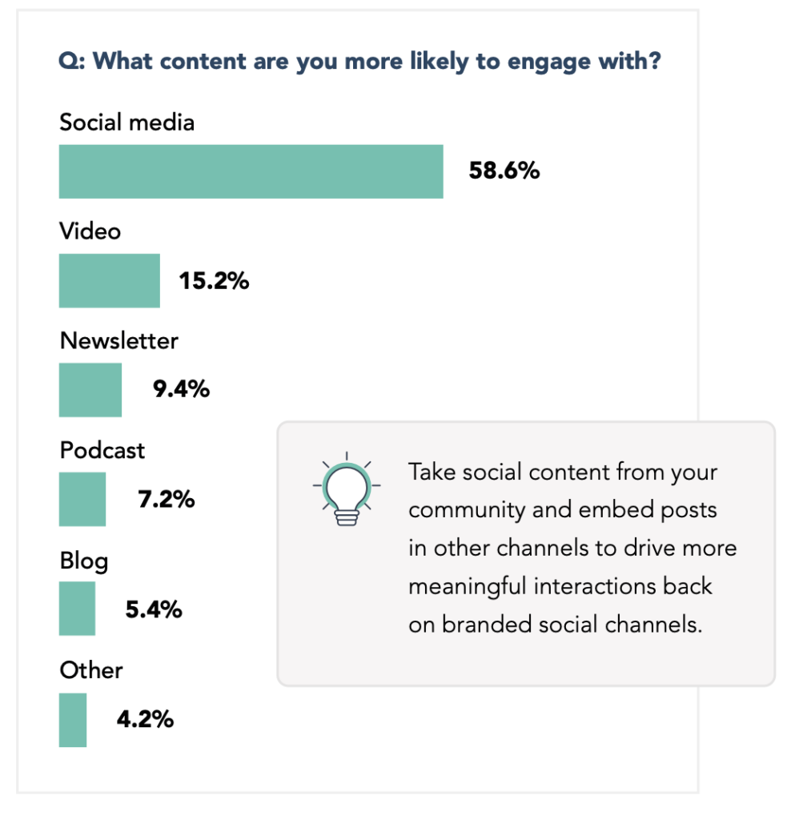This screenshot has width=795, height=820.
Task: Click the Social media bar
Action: tap(251, 171)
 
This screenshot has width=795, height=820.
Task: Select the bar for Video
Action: tap(109, 280)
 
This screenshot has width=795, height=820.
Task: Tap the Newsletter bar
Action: tap(90, 390)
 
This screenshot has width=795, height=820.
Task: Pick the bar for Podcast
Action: tap(82, 499)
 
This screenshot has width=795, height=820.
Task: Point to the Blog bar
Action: tap(77, 609)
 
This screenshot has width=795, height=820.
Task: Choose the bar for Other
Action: tap(73, 720)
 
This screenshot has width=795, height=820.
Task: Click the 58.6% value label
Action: tap(504, 171)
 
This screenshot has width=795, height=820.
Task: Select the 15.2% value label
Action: tap(213, 281)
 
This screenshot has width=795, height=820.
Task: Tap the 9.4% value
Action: tap(181, 390)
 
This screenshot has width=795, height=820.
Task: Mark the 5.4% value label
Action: tap(154, 609)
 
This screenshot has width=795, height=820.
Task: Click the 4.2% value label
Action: tap(145, 720)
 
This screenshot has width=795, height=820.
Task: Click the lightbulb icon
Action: tap(346, 488)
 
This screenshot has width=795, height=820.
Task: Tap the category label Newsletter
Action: tap(119, 341)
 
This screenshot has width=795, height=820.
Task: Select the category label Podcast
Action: tap(102, 450)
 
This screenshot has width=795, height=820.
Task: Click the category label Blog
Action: tap(84, 560)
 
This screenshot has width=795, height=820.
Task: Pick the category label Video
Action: tap(90, 231)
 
